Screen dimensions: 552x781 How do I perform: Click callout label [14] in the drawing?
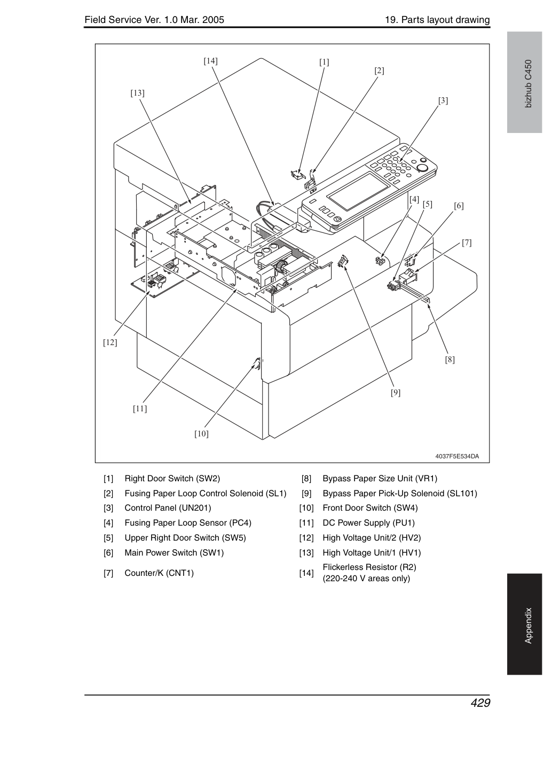pyautogui.click(x=210, y=61)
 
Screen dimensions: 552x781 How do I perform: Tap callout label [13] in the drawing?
pyautogui.click(x=137, y=93)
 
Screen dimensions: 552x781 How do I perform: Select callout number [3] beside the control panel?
pyautogui.click(x=443, y=101)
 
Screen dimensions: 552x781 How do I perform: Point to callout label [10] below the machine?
pyautogui.click(x=201, y=434)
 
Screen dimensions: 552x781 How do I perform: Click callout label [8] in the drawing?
pyautogui.click(x=450, y=360)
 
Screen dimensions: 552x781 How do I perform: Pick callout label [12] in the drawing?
pyautogui.click(x=110, y=342)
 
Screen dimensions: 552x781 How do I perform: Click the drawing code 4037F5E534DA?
pyautogui.click(x=457, y=456)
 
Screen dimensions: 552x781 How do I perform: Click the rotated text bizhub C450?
pyautogui.click(x=529, y=84)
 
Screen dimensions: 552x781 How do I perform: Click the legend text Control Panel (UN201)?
pyautogui.click(x=168, y=508)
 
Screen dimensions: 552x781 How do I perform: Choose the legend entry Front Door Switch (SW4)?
pyautogui.click(x=370, y=508)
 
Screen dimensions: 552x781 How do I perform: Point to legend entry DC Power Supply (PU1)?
pyautogui.click(x=369, y=523)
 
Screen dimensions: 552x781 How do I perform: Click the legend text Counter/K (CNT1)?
pyautogui.click(x=159, y=573)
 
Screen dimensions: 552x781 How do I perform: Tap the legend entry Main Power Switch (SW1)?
pyautogui.click(x=174, y=552)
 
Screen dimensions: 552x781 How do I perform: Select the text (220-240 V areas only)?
pyautogui.click(x=366, y=579)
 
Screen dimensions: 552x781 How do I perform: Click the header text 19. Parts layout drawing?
pyautogui.click(x=437, y=20)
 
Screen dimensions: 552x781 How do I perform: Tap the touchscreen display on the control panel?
pyautogui.click(x=359, y=191)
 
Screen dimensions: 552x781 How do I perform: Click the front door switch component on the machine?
pyautogui.click(x=257, y=364)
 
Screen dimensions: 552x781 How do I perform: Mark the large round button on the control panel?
pyautogui.click(x=422, y=168)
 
